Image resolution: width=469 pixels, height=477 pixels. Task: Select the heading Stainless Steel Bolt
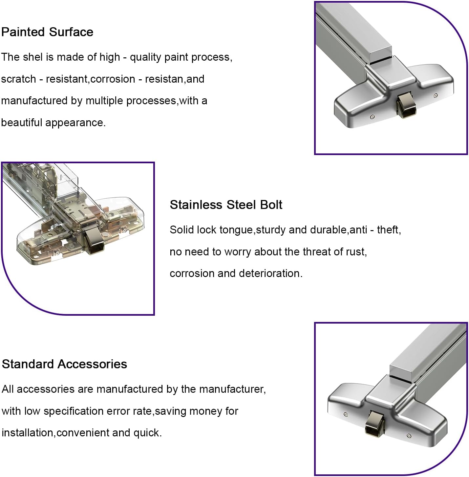pyautogui.click(x=226, y=205)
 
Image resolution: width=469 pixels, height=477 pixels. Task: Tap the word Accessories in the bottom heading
pyautogui.click(x=93, y=364)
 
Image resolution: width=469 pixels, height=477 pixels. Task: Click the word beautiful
pyautogui.click(x=22, y=123)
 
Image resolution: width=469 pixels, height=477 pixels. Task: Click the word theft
pyautogui.click(x=389, y=230)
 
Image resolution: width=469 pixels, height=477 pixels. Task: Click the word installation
pyautogui.click(x=28, y=433)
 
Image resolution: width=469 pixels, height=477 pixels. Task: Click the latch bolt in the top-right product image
pyautogui.click(x=406, y=106)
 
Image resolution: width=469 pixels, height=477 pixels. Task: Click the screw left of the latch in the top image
pyautogui.click(x=372, y=117)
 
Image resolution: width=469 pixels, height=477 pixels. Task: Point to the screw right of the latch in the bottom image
pyautogui.click(x=409, y=436)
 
